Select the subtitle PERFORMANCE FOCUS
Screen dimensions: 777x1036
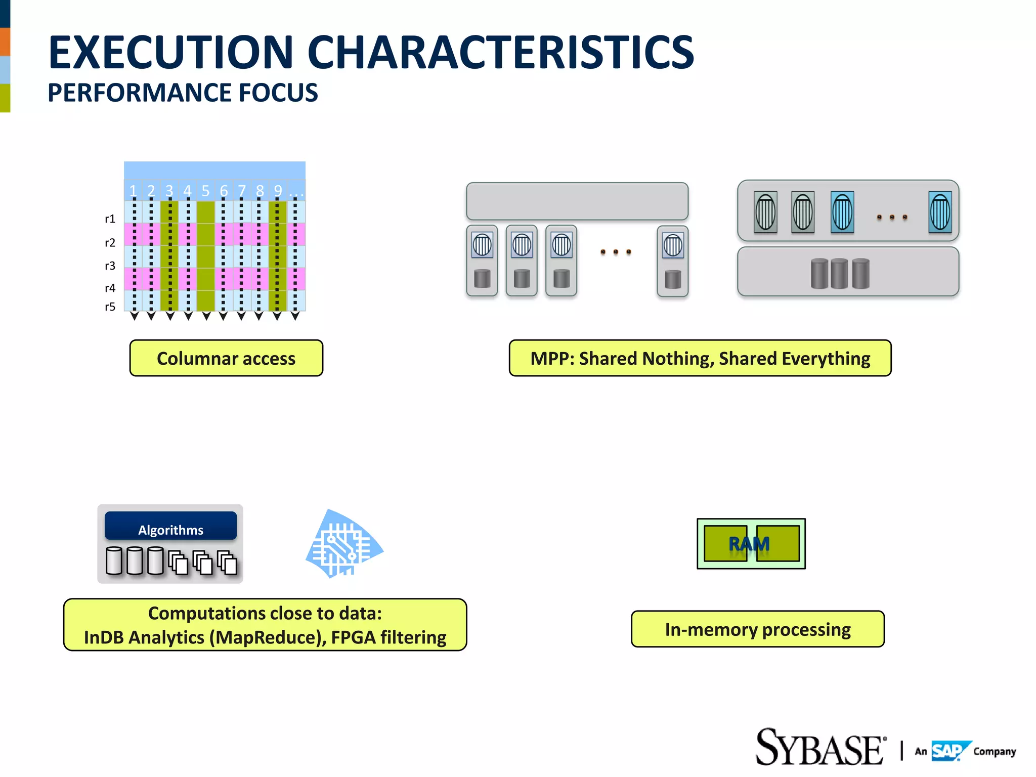pos(183,93)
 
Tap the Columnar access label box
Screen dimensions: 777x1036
pos(226,358)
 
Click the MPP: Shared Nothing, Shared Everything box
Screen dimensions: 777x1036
pos(700,358)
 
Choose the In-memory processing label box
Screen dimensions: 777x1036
pos(757,629)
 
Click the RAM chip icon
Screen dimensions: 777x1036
pos(751,544)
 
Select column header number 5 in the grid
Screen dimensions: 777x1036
pos(205,191)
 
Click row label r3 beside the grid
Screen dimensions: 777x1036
pos(110,266)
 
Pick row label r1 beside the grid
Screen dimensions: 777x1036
pos(110,219)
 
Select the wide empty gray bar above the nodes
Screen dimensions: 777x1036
pos(577,201)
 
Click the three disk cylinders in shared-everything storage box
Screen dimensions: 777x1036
pos(840,274)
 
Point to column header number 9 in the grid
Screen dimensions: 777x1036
pos(278,191)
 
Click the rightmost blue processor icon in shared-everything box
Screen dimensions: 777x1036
pos(940,212)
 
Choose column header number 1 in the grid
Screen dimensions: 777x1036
pos(133,191)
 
